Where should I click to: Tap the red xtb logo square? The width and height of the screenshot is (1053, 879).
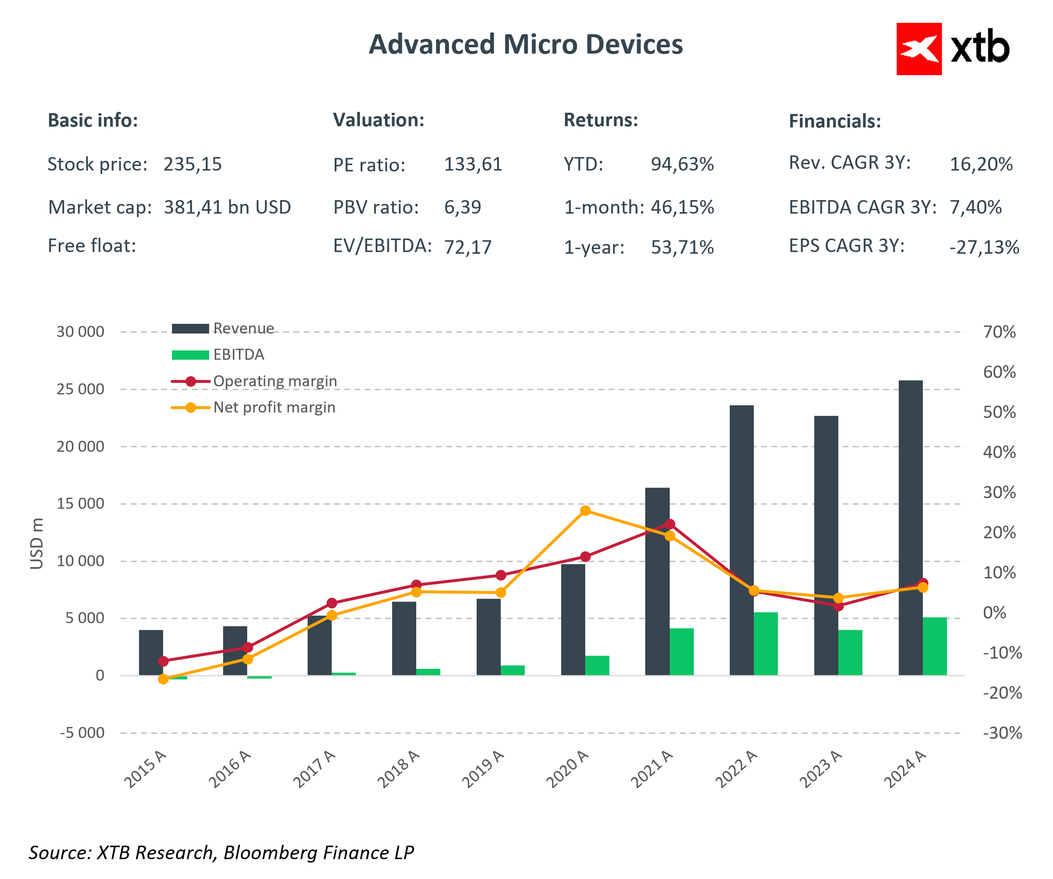click(919, 49)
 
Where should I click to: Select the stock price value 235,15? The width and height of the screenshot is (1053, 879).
click(193, 164)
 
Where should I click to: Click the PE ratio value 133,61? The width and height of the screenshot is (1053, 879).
click(473, 164)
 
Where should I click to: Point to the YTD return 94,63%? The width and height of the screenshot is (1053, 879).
click(682, 164)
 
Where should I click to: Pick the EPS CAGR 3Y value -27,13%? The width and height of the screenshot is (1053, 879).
click(984, 247)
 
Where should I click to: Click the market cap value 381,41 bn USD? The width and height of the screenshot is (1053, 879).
click(227, 207)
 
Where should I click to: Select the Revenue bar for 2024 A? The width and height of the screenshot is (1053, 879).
click(910, 526)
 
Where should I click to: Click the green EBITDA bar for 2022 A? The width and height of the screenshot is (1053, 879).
click(766, 643)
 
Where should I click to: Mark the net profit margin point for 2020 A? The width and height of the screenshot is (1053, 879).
click(585, 511)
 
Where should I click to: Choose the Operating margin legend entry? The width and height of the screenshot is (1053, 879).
click(275, 381)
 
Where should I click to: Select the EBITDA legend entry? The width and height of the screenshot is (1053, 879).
click(238, 354)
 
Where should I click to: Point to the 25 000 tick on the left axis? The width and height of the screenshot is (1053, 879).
click(80, 389)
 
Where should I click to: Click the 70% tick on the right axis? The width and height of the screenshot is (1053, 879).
click(999, 332)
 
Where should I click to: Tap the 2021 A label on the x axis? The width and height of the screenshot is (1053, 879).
click(652, 769)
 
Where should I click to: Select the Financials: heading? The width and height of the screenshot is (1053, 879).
click(835, 121)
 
